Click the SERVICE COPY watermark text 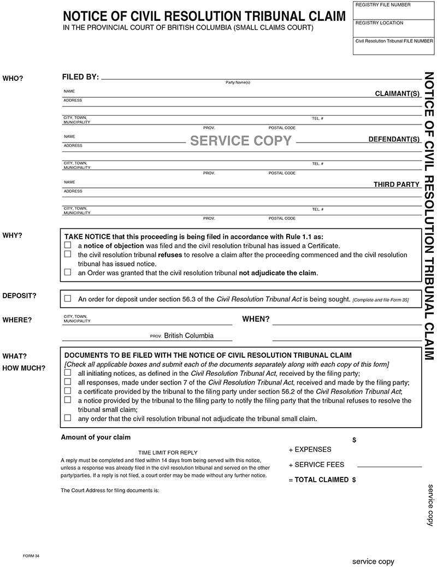coord(241,141)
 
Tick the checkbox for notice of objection coord(68,246)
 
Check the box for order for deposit coord(68,299)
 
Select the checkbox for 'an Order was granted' coord(68,271)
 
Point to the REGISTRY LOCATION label coord(379,23)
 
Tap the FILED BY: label coord(80,77)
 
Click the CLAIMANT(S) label coord(397,94)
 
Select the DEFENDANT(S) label coord(394,139)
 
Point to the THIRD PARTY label coord(396,185)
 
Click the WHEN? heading coord(256,319)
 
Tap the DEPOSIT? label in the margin coord(19,296)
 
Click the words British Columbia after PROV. coord(188,335)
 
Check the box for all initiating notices coord(68,373)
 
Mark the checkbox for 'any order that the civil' coord(68,418)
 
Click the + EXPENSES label coord(310,450)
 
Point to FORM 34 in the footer coord(31,556)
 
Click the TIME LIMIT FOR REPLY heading coord(168,453)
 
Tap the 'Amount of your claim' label coord(96,438)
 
